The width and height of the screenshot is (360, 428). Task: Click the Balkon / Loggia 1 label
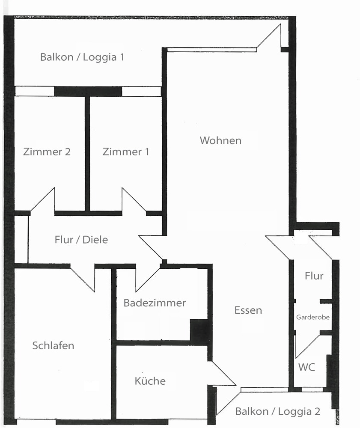(x=82, y=57)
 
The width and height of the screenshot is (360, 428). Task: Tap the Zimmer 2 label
(x=47, y=152)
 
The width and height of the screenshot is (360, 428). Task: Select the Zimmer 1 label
(x=126, y=152)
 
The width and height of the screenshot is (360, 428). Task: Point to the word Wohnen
(x=220, y=140)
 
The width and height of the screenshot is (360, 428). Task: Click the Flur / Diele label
(x=81, y=240)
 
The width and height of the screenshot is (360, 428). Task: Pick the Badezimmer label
(x=155, y=303)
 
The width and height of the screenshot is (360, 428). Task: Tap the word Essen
(x=248, y=310)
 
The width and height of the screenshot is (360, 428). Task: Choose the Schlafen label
(x=53, y=345)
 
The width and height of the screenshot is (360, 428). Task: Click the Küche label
(x=150, y=381)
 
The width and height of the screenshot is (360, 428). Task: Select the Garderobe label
(x=313, y=317)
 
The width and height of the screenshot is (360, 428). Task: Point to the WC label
(x=307, y=367)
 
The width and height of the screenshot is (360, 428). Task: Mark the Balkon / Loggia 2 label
(x=277, y=412)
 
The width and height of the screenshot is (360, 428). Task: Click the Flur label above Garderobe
(x=314, y=276)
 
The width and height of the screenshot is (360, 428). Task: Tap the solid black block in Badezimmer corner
(x=199, y=330)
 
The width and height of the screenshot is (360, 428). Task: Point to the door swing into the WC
(x=308, y=346)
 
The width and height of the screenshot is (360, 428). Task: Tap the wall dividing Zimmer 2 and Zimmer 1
(x=87, y=154)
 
